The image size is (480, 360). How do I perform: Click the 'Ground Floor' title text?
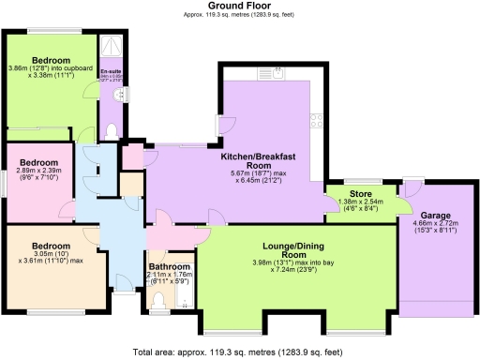(x=240, y=6)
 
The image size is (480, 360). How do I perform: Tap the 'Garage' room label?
(x=434, y=215)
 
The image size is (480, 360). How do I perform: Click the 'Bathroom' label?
(x=170, y=266)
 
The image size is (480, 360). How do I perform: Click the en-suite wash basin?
(x=118, y=95)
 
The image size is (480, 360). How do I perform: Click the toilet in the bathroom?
(x=159, y=299)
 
